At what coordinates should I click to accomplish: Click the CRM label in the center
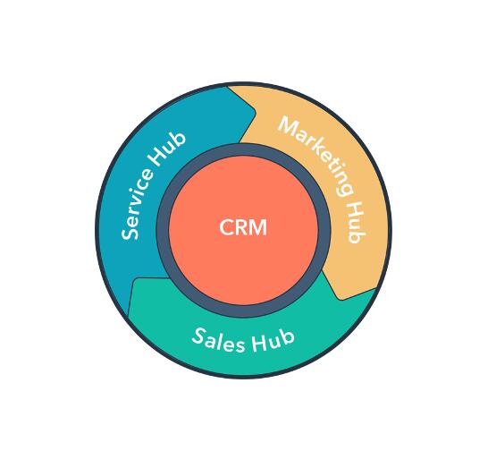click(243, 227)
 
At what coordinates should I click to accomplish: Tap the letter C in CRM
click(226, 227)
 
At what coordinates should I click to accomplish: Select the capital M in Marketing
click(288, 125)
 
